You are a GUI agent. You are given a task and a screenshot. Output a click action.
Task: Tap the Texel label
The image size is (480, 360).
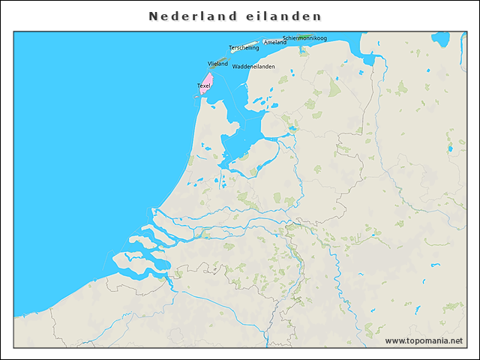[x=203, y=85]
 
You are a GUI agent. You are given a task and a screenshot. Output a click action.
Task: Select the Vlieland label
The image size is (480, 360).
[x=217, y=64]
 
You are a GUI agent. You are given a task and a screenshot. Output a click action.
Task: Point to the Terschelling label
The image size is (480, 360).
[x=244, y=48]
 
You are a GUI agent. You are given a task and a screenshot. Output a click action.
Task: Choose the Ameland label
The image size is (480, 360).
[x=275, y=43]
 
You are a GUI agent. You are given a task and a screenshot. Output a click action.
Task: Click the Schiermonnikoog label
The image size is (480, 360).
[x=304, y=37]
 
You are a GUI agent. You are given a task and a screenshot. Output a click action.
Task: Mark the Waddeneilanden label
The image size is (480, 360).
[x=253, y=67]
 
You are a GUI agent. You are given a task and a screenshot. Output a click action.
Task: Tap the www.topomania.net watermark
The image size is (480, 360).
[x=424, y=341]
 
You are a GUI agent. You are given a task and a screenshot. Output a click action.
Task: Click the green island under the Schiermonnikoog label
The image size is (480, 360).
[x=304, y=43]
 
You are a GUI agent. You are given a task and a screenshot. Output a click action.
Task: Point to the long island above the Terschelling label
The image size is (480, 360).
[x=241, y=43]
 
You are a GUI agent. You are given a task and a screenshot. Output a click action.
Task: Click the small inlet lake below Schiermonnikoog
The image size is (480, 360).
[x=302, y=51]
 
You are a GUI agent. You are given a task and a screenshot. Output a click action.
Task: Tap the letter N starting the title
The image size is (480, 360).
[x=153, y=16]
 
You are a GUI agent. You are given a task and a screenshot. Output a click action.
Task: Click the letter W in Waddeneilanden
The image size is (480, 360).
[x=235, y=67]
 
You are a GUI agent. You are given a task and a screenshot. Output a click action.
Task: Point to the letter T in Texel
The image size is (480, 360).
[x=199, y=85]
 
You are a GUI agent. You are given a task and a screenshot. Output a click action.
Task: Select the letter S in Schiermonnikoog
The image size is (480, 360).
[x=284, y=37]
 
